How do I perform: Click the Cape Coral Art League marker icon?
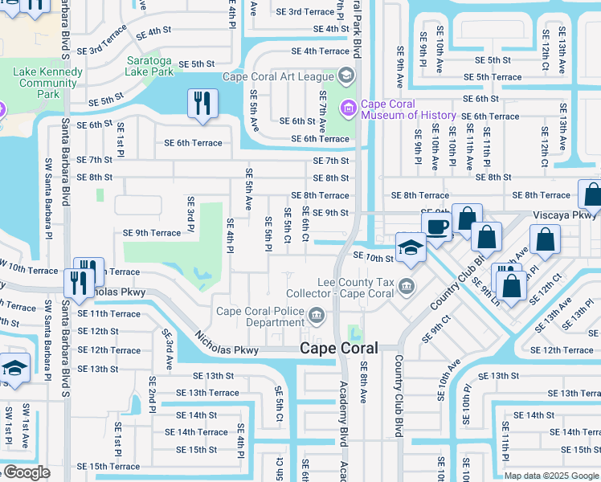tap(345, 76)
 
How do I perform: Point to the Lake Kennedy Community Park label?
tap(47, 83)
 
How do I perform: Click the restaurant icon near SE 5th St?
tap(201, 104)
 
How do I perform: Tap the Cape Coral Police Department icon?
tap(317, 315)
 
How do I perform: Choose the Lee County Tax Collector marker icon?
tap(407, 286)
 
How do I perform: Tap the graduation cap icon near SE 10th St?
tap(410, 247)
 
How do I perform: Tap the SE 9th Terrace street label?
tap(151, 233)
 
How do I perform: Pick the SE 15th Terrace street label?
tap(108, 467)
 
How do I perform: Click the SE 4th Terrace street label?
tap(320, 51)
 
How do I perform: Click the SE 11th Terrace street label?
tap(108, 313)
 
